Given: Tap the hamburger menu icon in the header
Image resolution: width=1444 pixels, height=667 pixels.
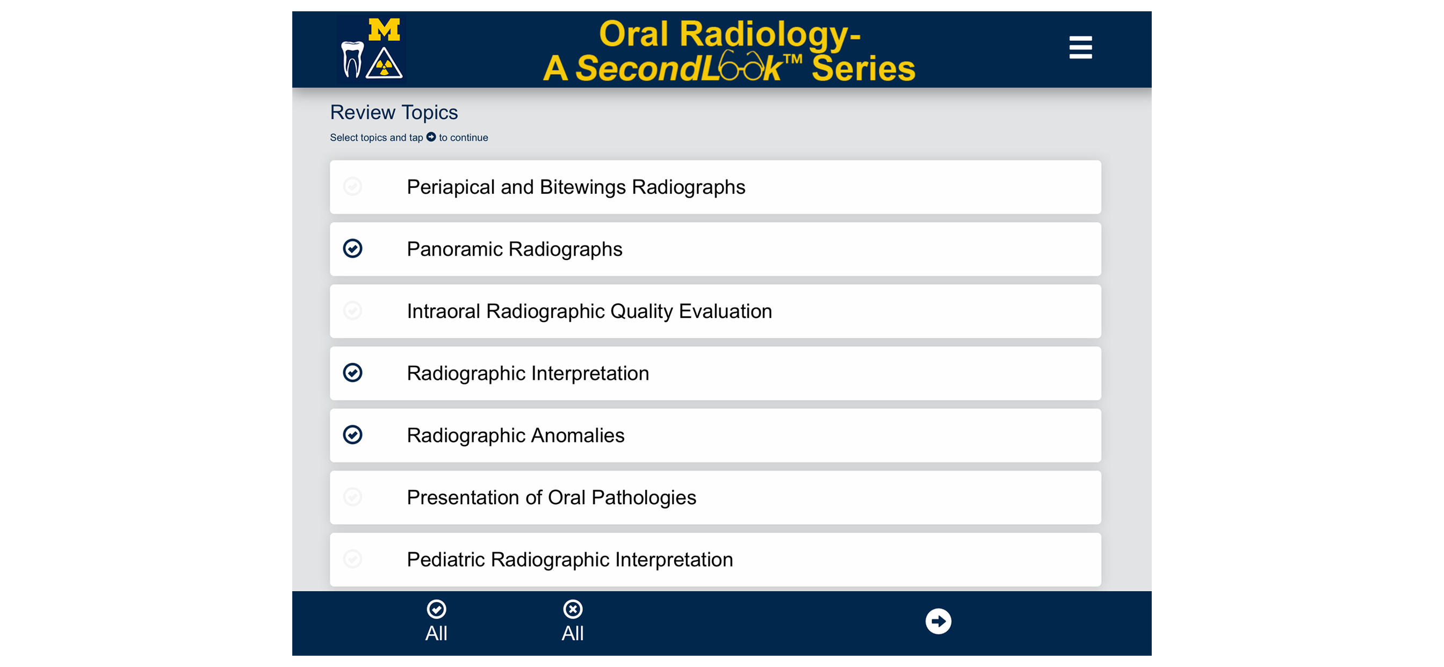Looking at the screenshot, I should (1080, 48).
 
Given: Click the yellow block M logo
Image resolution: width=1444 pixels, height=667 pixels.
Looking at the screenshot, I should (384, 30).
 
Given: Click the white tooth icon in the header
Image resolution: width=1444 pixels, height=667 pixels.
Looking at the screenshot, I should (352, 60).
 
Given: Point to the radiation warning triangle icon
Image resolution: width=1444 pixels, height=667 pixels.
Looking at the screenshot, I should (384, 64).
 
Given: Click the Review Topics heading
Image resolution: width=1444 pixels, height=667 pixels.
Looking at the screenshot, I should (394, 113).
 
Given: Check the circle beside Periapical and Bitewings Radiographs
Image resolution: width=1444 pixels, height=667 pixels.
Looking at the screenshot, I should (352, 187).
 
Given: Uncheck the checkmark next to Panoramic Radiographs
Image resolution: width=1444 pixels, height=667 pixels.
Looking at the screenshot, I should (352, 248).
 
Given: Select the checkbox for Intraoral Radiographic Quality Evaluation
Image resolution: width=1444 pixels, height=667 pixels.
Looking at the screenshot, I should (352, 310).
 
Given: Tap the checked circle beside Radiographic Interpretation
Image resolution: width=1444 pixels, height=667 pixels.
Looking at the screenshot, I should (352, 373).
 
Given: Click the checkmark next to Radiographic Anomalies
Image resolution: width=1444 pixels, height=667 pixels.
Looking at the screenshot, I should (352, 435).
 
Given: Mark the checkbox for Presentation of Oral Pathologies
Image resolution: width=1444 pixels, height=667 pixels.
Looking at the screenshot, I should (352, 497).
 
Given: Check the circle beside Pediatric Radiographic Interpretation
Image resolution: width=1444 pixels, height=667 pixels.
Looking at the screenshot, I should (352, 559).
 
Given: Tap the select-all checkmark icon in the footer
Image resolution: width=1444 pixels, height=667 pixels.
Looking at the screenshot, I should (436, 609).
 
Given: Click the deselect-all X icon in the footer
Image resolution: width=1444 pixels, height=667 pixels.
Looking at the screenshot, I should (572, 609).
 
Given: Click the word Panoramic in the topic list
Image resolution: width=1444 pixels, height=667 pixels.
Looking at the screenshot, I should (454, 249).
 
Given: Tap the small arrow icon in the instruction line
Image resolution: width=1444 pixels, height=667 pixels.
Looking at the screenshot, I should (431, 137).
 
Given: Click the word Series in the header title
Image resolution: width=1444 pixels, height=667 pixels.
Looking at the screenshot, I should (863, 68).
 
